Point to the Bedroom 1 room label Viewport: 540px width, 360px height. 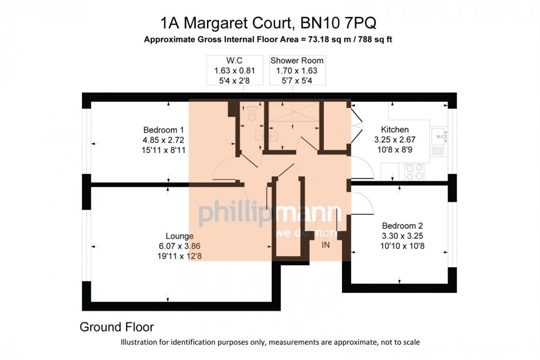point(164,130)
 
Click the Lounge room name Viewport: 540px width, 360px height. point(179,236)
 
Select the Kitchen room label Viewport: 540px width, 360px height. point(395,130)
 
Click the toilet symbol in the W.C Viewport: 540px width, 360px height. point(252,113)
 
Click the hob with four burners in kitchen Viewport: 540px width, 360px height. point(415,171)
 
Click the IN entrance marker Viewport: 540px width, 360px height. point(326,245)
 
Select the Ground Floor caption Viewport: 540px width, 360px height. point(116,327)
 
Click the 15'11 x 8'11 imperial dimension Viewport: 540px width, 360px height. point(164,150)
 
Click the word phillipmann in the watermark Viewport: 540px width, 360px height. point(270,214)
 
